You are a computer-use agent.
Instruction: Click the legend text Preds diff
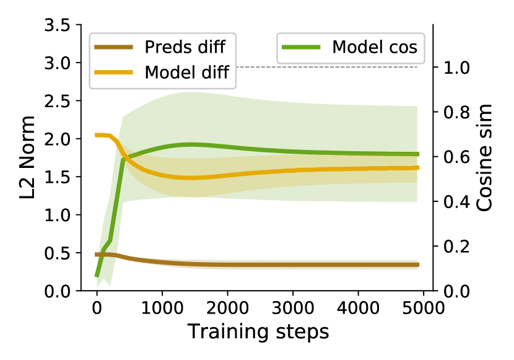tap(185, 47)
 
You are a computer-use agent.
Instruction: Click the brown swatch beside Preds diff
tap(113, 47)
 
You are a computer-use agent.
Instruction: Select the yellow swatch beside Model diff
tap(113, 72)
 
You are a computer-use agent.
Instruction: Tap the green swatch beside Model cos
tap(301, 47)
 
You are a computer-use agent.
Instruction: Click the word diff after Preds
tap(211, 47)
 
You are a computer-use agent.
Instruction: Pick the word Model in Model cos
tap(357, 47)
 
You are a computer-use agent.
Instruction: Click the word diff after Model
tap(214, 72)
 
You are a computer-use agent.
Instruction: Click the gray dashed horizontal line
tap(328, 67)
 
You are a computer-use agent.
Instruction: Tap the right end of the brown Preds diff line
tap(418, 265)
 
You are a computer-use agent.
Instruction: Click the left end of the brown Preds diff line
tap(97, 255)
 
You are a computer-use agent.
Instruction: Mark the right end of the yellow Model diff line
tap(418, 167)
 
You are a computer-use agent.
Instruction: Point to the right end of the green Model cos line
tap(418, 154)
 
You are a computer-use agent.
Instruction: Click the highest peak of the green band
tap(192, 92)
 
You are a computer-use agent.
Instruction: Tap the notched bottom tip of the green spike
tap(104, 283)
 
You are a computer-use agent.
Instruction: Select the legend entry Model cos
tap(351, 47)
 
